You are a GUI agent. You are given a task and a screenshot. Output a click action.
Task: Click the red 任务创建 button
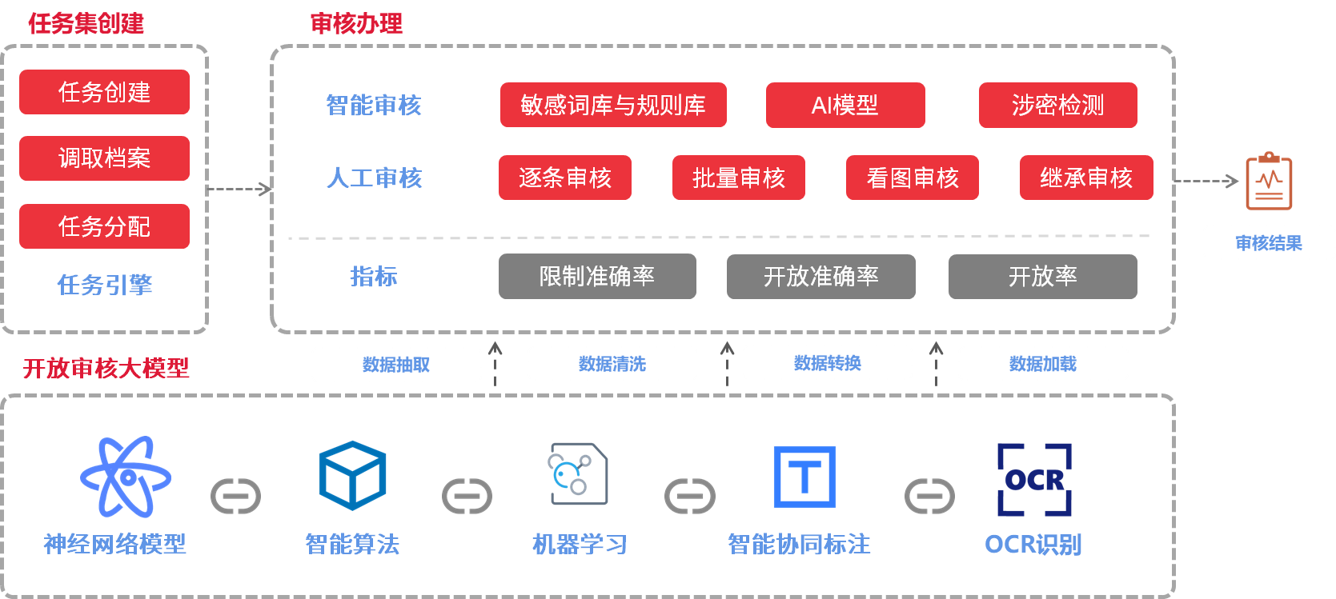coord(104,92)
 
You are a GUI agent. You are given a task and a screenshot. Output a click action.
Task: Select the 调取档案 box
coord(104,158)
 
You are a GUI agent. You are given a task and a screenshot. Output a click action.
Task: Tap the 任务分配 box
coord(104,226)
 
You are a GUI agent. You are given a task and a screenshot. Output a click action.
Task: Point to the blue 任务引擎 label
coord(104,285)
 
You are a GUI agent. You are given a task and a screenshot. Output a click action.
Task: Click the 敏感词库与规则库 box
coord(613,105)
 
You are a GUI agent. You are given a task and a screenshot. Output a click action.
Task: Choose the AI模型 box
coord(845,105)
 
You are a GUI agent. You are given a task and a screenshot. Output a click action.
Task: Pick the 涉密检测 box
coord(1057,105)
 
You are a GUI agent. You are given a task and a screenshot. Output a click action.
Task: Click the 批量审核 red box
coord(738,178)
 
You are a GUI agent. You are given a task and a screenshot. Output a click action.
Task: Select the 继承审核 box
coord(1086,178)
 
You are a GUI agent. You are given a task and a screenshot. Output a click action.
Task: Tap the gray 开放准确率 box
coord(820,277)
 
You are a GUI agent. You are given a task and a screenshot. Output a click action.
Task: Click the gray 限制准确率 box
coord(597,277)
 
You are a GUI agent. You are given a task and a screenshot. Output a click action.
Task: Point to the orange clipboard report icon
coord(1269,182)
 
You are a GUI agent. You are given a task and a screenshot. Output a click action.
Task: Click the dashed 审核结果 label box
coord(1269,242)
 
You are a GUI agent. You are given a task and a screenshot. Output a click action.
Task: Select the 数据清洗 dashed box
coord(612,364)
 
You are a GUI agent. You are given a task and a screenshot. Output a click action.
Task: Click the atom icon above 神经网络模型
coord(126,477)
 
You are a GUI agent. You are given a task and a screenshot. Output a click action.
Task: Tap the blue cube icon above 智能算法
coord(352,476)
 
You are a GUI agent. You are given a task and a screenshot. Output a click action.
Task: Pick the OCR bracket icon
coord(1034,479)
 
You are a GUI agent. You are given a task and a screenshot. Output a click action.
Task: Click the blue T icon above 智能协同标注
coord(804,477)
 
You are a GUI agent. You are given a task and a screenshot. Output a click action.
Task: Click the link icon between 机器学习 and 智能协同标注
coord(690,497)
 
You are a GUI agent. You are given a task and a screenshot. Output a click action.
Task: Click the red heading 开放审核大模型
coord(106,368)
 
